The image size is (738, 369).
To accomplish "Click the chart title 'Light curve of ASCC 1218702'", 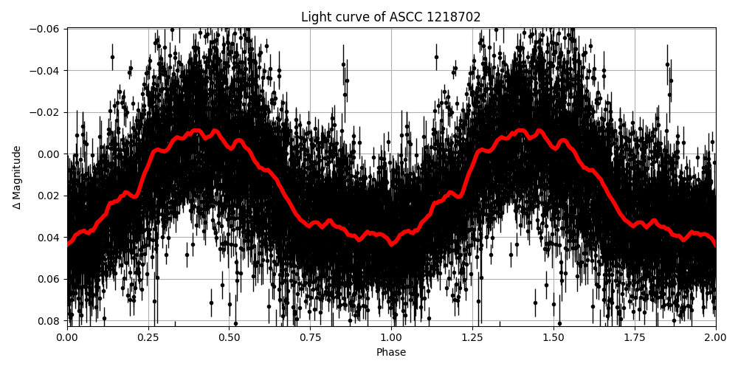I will [391, 17].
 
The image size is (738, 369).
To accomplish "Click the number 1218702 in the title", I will [453, 17].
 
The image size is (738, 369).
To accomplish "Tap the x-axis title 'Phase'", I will [391, 353].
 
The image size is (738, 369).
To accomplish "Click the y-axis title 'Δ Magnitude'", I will [17, 177].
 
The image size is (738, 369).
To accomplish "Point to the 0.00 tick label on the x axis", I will [67, 338].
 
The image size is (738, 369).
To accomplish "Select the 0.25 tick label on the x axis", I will [148, 338].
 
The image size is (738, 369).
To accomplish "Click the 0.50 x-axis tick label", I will [230, 338].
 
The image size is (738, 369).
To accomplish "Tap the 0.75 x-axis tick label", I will [310, 338].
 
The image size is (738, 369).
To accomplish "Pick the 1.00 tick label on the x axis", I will [391, 338].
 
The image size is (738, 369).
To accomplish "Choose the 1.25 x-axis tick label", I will [472, 338].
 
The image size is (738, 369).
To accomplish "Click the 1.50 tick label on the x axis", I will [553, 338].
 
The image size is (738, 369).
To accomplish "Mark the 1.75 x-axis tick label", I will [635, 338].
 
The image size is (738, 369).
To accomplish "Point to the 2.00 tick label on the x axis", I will [715, 338].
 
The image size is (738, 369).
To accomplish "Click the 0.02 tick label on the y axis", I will [49, 196].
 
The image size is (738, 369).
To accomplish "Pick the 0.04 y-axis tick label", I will [49, 238].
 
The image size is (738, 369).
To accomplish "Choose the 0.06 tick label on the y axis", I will [49, 279].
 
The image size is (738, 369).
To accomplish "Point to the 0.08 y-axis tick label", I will [49, 321].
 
